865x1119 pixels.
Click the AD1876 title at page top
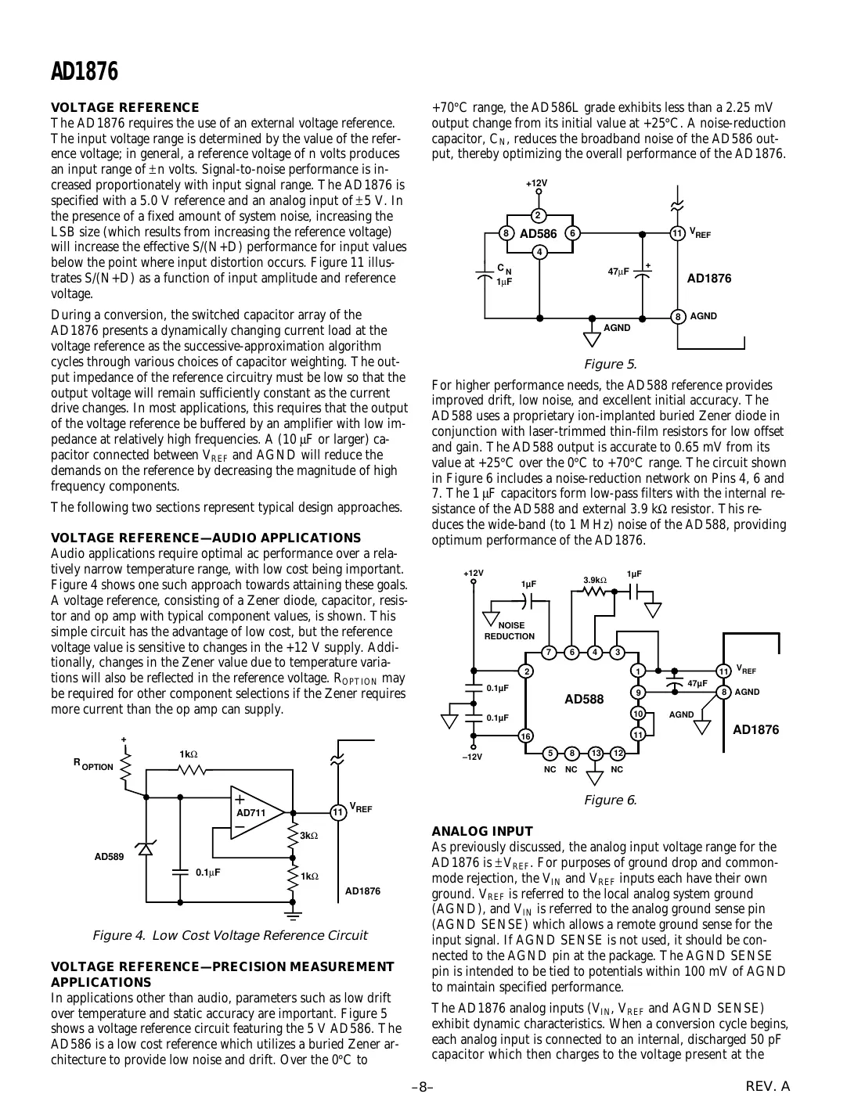coord(84,72)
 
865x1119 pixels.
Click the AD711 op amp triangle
coord(255,813)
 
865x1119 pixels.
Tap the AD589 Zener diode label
coord(109,857)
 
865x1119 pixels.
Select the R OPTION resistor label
coord(93,765)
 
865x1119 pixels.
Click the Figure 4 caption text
coord(229,936)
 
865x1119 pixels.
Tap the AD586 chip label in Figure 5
coord(539,234)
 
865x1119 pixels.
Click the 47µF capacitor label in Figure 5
coord(618,272)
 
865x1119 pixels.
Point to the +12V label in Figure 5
coord(536,183)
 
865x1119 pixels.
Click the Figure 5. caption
coord(611,364)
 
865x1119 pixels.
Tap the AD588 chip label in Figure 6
coord(584,700)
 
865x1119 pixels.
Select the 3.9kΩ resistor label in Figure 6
coord(595,580)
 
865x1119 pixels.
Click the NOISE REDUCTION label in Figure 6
coord(510,631)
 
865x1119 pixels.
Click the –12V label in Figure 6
coord(472,757)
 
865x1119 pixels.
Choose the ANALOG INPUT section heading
coord(482,831)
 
